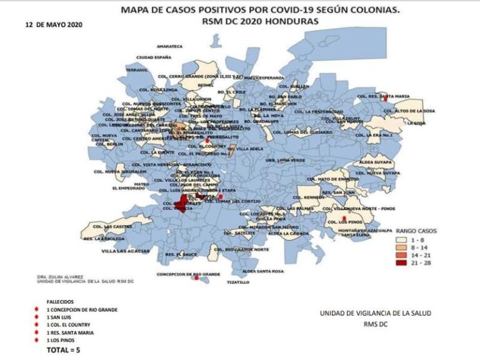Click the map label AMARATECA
169,46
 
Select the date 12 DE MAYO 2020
54,25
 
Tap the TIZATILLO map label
237,282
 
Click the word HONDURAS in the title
295,21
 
